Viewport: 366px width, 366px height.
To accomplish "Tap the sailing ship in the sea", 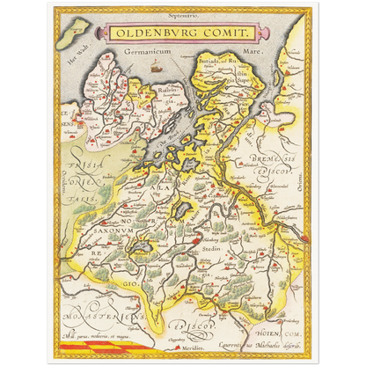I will [x=156, y=67].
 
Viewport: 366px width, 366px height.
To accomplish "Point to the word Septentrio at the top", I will [x=182, y=16].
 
